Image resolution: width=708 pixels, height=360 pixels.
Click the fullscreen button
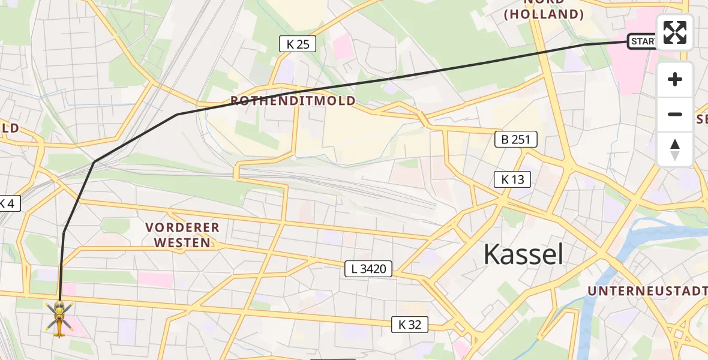675,32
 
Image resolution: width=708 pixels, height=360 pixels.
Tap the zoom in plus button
675,79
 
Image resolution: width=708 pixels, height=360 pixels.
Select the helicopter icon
59,318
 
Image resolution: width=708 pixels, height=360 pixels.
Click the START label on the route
642,41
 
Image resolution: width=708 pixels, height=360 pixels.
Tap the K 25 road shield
298,43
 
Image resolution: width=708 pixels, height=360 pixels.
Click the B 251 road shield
515,140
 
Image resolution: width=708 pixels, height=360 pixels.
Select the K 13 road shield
512,179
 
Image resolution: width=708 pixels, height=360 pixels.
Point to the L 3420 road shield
368,269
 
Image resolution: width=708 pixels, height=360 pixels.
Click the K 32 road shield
410,325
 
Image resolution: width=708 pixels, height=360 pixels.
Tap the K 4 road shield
8,204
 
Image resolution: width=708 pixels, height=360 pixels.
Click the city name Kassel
523,255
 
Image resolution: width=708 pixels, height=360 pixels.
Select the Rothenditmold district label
293,101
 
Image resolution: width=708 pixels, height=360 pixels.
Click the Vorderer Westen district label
182,235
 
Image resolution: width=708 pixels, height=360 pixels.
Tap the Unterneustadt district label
647,291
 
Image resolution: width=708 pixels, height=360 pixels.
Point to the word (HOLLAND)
544,14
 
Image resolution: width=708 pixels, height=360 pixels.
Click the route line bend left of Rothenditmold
177,114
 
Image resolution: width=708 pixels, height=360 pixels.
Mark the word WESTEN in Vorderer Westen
182,243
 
